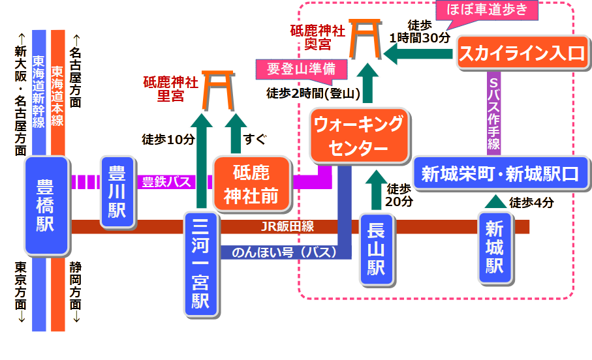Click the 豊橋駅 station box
tap(46, 205)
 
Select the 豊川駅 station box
tap(117, 192)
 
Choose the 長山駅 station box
tap(377, 249)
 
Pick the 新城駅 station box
tap(494, 248)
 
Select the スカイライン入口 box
tap(522, 53)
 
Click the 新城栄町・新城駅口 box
tap(499, 174)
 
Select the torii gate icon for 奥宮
tap(365, 38)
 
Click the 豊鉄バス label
tap(166, 181)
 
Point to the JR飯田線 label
tap(287, 226)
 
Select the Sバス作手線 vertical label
tap(494, 115)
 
